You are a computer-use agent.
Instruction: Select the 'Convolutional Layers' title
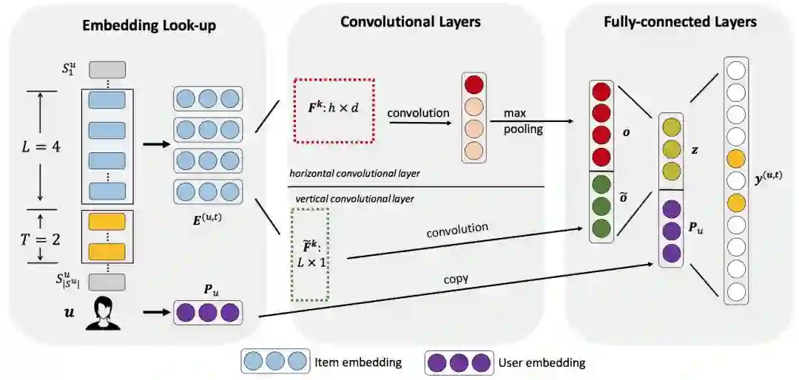411,21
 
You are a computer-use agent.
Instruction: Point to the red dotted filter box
334,110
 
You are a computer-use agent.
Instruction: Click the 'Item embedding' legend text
357,362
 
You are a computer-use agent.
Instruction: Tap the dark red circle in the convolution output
473,84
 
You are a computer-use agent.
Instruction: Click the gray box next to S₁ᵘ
107,70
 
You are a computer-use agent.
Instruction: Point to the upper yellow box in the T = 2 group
107,222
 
